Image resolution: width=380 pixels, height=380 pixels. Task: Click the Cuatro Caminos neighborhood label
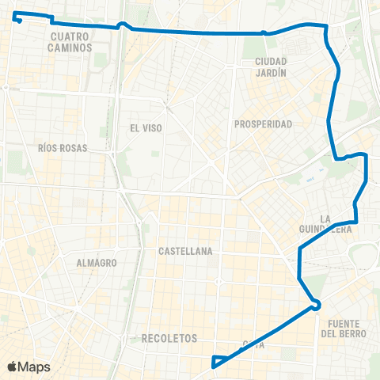70,42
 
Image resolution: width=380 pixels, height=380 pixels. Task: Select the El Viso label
145,127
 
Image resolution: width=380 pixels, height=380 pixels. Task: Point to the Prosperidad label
264,124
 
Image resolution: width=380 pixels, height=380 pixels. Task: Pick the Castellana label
185,251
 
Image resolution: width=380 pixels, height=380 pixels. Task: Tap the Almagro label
97,262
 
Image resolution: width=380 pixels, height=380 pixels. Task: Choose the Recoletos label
169,338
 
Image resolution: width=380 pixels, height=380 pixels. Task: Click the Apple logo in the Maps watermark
13,367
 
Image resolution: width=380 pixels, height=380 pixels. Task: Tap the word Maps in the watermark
34,367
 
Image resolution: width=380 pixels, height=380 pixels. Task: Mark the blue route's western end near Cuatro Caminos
17,20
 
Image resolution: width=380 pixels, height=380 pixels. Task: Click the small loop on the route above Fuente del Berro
316,304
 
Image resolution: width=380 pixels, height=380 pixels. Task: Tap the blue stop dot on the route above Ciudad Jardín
263,33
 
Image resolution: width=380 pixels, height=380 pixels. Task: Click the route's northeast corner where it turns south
325,26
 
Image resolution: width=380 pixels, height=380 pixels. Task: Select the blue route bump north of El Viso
122,25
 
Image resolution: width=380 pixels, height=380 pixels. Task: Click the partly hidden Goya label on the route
253,344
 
